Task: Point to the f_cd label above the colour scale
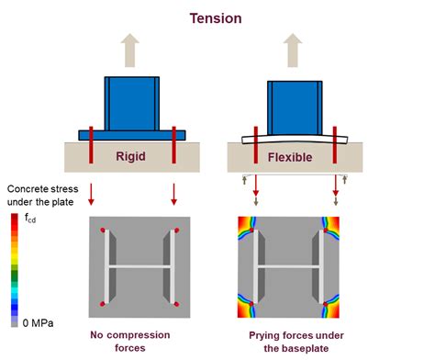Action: pyautogui.click(x=31, y=219)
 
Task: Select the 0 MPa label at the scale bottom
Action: pyautogui.click(x=34, y=322)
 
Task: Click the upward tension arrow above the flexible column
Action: pyautogui.click(x=293, y=47)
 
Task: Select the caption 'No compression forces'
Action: pyautogui.click(x=133, y=341)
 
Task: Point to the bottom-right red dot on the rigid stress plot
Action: pyautogui.click(x=177, y=303)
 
